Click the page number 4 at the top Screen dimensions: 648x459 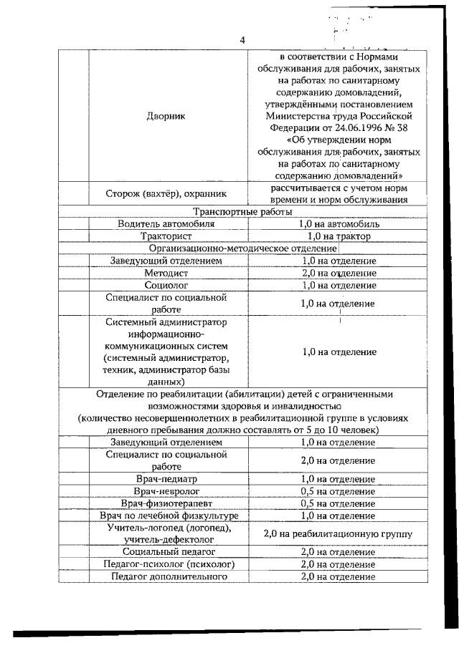(x=242, y=41)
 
